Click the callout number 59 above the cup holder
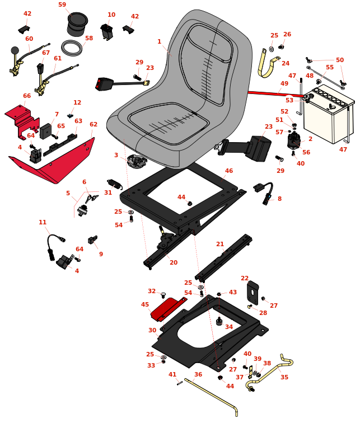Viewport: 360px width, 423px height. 62,4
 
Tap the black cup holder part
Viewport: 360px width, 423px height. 77,24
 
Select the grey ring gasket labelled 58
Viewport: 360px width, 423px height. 72,48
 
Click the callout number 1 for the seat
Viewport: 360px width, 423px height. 159,41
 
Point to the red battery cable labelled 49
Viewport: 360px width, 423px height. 277,93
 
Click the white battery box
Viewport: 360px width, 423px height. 329,114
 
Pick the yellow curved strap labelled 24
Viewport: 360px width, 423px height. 268,64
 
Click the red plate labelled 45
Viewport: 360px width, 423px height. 168,308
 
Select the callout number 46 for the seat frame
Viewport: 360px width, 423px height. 229,171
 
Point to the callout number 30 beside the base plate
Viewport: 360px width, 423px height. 152,330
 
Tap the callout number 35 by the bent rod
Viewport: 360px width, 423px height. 284,377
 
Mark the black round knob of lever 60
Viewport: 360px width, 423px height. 15,50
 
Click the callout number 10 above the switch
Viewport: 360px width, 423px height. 111,15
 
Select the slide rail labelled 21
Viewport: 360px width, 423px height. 224,257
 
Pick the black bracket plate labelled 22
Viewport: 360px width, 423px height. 253,292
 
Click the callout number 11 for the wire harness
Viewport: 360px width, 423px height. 43,222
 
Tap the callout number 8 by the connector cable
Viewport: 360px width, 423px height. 279,199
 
